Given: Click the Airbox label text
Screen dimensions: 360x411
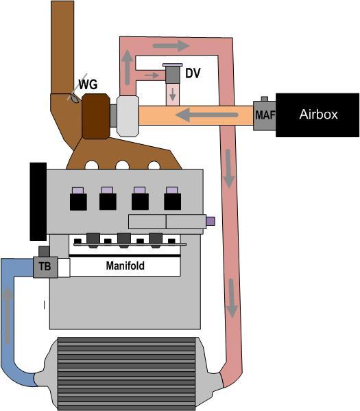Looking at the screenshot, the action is tap(318, 115).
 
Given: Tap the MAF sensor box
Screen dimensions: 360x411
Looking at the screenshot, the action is tap(265, 115).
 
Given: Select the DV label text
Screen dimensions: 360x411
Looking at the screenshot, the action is tap(193, 73).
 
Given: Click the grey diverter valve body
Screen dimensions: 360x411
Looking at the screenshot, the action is tap(172, 75).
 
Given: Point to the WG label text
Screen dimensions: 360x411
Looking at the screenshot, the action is tap(88, 84).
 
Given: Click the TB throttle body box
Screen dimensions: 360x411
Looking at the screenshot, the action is tap(45, 267).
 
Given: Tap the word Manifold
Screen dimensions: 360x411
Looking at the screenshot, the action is tap(125, 266).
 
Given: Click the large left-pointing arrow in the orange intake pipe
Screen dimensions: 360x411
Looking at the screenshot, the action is tap(206, 115).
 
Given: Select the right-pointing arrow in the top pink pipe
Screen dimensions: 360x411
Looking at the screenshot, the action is tap(171, 46).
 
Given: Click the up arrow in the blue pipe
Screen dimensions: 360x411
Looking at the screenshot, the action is tap(8, 314).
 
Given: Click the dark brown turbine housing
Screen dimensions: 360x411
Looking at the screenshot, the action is tap(96, 116).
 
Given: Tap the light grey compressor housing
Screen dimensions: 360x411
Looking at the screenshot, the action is tap(128, 116).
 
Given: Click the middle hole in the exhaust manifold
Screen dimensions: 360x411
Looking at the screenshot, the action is tap(122, 165).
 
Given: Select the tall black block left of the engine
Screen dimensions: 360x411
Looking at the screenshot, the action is tap(38, 201).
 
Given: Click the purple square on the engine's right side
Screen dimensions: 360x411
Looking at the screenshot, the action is tap(211, 221).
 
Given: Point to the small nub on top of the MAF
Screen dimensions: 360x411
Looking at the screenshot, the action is tap(265, 99).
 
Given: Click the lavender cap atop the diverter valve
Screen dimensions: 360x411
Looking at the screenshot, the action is tap(172, 64).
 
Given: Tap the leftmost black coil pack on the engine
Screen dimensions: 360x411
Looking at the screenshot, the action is tap(78, 202).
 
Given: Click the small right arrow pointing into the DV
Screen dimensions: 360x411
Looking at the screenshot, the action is tap(152, 75).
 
